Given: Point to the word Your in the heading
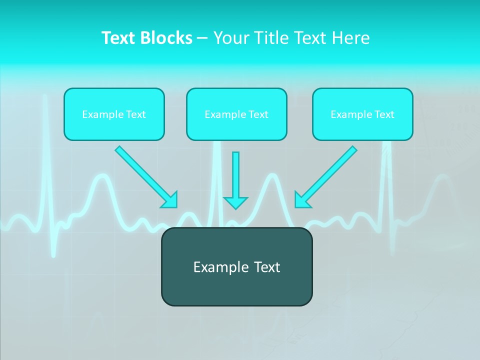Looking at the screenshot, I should [230, 38].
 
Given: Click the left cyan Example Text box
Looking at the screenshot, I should [114, 114].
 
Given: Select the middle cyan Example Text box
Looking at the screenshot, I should [236, 114].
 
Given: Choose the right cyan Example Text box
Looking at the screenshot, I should [362, 114].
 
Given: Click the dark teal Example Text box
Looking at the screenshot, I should [236, 266].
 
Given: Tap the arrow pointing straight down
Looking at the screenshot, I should [235, 177].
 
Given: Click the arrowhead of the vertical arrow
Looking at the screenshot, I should [235, 202].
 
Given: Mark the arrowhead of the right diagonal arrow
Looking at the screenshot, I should [302, 199].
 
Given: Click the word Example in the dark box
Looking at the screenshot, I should [218, 267].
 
